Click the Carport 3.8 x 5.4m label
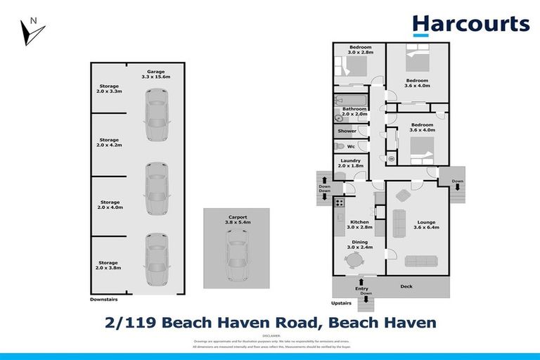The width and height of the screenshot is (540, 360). coord(237,219)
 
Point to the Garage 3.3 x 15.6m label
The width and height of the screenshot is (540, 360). coord(156,74)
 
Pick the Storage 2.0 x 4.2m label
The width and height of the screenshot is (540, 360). coord(109,143)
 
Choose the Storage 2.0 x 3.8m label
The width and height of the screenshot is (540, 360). coord(109,265)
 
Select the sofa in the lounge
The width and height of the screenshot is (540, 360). coord(399,221)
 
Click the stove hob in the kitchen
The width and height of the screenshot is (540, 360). coord(339,203)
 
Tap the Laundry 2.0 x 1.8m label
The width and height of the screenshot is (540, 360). coord(349,163)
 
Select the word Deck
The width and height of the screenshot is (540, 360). coord(406,287)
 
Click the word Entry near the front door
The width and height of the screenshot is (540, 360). coord(361,289)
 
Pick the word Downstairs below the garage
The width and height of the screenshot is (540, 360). coord(105,300)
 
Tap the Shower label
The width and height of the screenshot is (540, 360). coord(347,131)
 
